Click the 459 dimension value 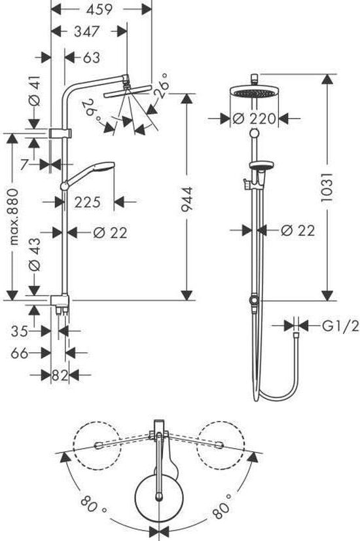coord(99,9)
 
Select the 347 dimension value coord(87,31)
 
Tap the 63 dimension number coord(92,57)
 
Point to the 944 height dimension coord(187,198)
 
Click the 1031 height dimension coord(327,187)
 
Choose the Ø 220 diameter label coord(254,119)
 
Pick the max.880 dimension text coord(13,217)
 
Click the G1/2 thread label coord(340,326)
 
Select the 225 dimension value coord(87,202)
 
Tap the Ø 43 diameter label coord(35,255)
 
